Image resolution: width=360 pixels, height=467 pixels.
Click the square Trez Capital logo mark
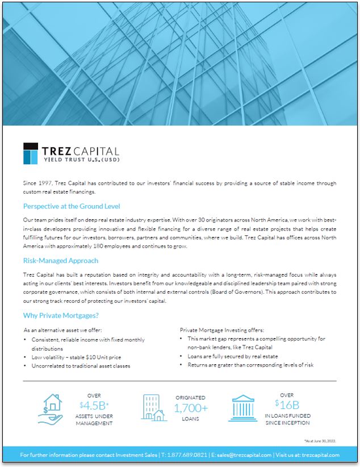coord(31,153)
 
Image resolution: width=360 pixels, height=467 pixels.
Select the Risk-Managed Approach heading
coord(61,261)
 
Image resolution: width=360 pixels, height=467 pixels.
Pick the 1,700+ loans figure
coord(191,408)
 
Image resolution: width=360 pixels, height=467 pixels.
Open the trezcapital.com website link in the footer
coord(320,455)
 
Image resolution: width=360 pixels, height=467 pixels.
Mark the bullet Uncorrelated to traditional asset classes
coord(81,366)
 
